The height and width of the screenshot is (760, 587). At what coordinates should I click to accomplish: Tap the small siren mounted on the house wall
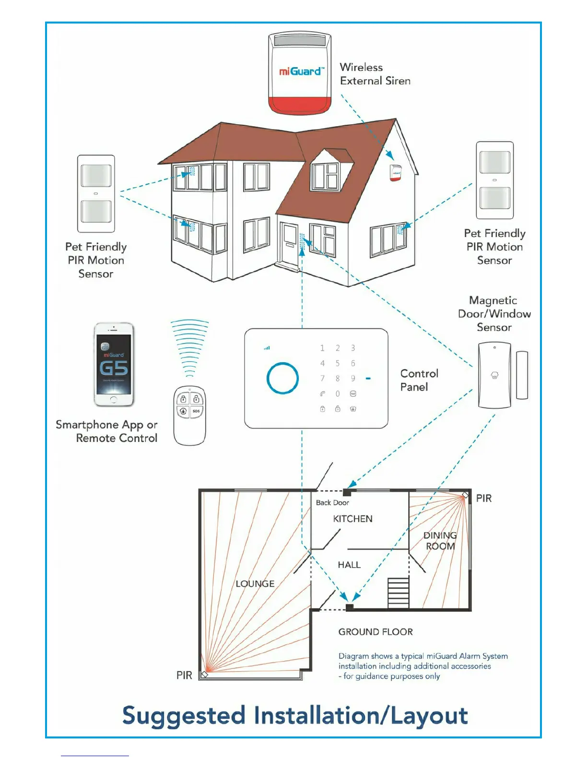click(x=395, y=173)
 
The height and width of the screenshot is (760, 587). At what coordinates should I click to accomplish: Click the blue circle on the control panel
click(x=282, y=378)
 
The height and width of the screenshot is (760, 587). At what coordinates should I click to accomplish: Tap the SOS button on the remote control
click(x=196, y=411)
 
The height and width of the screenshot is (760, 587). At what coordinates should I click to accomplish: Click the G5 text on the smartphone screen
click(x=114, y=368)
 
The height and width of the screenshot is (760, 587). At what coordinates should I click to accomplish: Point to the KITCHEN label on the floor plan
click(x=352, y=519)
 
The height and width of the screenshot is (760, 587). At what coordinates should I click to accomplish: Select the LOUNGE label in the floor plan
click(x=255, y=583)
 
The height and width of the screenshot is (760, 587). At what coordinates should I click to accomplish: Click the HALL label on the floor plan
click(x=349, y=565)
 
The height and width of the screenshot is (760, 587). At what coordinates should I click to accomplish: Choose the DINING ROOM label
click(x=440, y=541)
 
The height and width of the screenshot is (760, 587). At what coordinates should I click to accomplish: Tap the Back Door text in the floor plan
click(x=332, y=502)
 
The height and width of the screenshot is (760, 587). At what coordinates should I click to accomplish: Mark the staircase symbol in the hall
click(x=398, y=593)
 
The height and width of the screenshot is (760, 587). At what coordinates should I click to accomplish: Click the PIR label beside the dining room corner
click(x=483, y=498)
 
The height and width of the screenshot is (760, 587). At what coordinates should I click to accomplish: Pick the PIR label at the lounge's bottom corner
click(x=184, y=675)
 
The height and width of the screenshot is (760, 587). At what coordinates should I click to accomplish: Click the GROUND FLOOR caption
click(x=376, y=632)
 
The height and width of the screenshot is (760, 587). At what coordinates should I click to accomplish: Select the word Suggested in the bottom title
click(x=184, y=715)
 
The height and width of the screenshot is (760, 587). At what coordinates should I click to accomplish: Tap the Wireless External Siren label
click(x=375, y=74)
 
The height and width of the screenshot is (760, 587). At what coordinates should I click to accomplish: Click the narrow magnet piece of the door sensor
click(x=522, y=375)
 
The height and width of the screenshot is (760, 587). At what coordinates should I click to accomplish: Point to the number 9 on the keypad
click(x=353, y=379)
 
